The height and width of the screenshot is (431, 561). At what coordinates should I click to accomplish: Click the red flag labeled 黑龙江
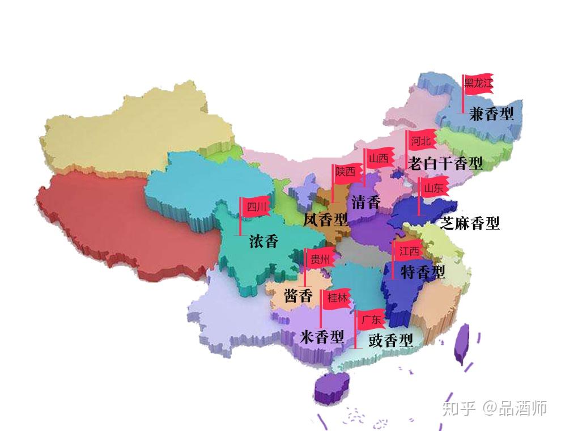coord(478,84)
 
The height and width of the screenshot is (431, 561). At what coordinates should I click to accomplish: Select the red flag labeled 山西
coord(379,159)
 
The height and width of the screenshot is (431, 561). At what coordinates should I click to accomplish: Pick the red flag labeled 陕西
coord(346,172)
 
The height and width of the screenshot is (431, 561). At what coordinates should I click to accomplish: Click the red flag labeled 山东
coord(433,188)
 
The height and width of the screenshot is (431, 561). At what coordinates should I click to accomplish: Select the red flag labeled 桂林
coord(337,298)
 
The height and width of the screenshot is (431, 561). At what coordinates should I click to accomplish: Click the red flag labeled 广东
coord(371,319)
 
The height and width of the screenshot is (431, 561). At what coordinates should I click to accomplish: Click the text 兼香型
coord(491,114)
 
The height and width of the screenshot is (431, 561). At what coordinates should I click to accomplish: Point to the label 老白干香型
coord(445,164)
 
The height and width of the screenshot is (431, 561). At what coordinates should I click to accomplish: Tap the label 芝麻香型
coord(470,223)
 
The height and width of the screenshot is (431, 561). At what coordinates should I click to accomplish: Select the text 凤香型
coord(325,220)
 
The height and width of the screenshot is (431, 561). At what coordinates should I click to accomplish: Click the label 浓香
coord(264,242)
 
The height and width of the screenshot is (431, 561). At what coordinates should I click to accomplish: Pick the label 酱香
coord(298,295)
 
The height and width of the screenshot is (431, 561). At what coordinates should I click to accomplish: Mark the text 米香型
coord(322,338)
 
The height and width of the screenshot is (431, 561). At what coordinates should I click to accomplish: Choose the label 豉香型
coord(390,341)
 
